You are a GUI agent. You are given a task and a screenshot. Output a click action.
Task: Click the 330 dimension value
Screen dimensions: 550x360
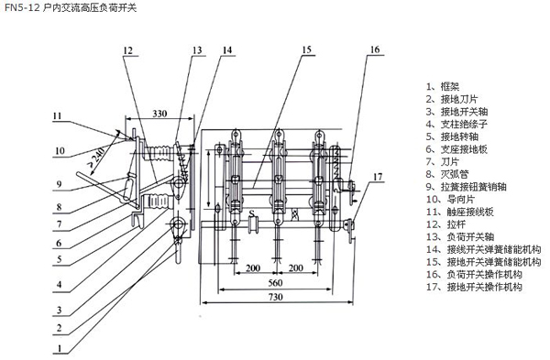(159, 114)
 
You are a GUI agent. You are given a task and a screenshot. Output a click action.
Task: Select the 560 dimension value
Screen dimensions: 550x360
(275, 282)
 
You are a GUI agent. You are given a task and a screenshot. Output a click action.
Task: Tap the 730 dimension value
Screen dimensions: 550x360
(275, 297)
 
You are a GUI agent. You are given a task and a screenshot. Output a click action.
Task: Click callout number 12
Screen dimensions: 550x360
(128, 50)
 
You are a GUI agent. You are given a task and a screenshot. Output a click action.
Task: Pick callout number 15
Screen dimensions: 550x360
(306, 49)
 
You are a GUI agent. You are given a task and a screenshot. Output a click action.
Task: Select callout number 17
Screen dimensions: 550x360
(378, 177)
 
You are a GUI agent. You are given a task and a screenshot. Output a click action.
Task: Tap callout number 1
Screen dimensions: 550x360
(60, 348)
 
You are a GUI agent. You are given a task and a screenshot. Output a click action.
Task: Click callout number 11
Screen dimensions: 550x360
(57, 115)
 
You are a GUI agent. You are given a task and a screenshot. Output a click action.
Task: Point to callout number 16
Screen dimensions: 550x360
(375, 49)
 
